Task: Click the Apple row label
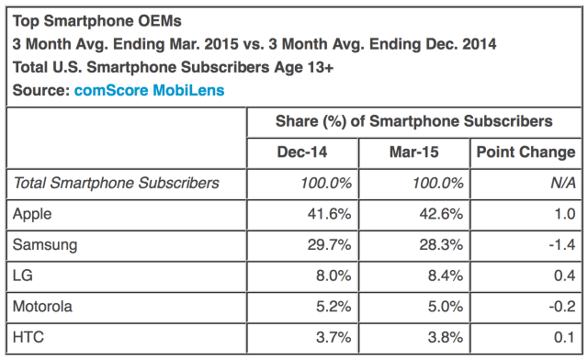[33, 215]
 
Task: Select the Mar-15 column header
[413, 152]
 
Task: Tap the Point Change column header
[526, 152]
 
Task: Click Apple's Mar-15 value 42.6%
[440, 215]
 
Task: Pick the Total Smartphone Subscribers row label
[116, 183]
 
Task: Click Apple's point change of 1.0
[563, 215]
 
